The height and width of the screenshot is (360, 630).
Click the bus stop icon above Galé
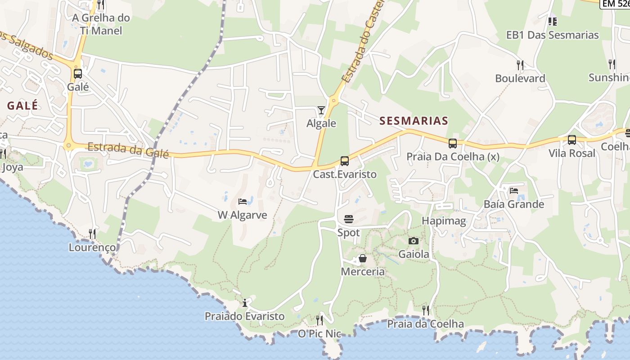78,74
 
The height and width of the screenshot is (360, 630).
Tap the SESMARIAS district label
414,121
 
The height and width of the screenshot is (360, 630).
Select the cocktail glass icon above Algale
321,110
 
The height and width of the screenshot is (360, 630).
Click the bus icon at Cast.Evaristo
345,161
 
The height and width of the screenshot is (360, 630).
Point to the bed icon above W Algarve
243,202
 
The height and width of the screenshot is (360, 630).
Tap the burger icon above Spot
349,219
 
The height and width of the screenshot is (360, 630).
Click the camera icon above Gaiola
414,241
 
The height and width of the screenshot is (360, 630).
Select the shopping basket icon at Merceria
363,259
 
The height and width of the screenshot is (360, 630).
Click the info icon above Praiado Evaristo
245,303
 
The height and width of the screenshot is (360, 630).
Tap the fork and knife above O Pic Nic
319,320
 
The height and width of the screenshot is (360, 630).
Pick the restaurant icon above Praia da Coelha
426,310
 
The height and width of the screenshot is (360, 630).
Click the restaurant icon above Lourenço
92,234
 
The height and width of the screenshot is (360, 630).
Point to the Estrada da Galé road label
128,150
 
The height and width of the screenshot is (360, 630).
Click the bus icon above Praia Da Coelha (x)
453,144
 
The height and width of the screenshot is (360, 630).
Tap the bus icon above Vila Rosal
572,140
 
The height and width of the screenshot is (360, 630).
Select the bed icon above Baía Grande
514,191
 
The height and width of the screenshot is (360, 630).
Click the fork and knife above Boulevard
520,65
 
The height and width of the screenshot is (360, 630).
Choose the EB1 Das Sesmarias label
553,35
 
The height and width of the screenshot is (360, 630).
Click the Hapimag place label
444,221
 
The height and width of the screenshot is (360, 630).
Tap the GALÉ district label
22,106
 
